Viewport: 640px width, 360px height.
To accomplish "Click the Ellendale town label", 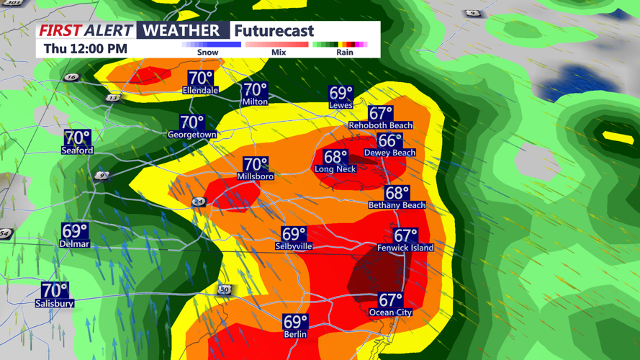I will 201,91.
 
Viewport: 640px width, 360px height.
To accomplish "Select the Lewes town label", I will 341,105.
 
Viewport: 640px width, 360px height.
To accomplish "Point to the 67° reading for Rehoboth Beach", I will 381,114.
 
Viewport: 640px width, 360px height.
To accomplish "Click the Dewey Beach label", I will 389,153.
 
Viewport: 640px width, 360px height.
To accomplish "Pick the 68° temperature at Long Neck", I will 335,157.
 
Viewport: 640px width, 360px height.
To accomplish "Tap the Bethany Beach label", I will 397,205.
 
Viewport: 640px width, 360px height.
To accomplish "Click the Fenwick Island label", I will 405,248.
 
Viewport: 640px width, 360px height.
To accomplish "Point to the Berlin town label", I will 295,334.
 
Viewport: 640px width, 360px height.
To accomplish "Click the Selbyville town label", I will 294,246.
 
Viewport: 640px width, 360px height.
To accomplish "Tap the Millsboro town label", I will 256,176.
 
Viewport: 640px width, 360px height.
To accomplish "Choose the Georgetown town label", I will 192,135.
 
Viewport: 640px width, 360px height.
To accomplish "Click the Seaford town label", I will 77,150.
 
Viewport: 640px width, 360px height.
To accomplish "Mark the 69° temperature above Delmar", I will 75,231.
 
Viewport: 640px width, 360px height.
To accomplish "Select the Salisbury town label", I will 55,304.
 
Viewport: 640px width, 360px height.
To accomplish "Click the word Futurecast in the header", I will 274,31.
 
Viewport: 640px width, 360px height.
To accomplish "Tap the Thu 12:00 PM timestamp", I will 86,49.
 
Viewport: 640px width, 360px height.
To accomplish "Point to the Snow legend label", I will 208,53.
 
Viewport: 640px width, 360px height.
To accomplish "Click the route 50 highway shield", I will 225,290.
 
